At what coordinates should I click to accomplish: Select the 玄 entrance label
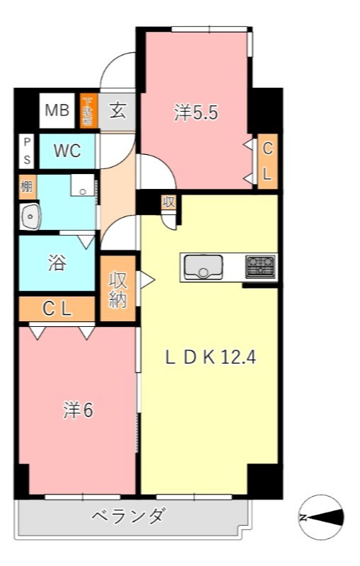tap(117, 110)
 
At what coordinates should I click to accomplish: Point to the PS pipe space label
tap(26, 151)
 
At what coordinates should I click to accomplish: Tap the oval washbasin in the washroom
tap(30, 216)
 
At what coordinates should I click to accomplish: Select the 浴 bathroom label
tap(57, 262)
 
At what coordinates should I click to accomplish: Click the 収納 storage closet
tap(118, 289)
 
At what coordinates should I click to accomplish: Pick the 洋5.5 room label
tap(195, 113)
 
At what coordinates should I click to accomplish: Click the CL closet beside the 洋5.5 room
tap(267, 162)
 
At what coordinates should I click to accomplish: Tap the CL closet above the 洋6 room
tap(57, 308)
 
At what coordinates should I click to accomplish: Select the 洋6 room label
tap(78, 411)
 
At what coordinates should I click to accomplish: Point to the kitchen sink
tap(204, 267)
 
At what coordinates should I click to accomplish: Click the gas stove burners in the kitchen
tap(260, 267)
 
